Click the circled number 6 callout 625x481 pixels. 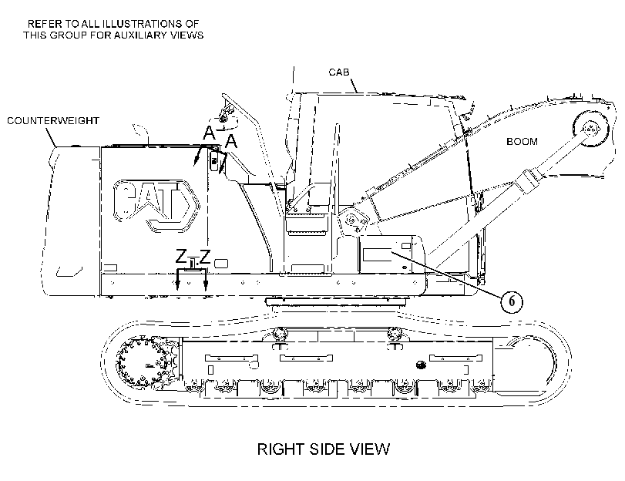(x=512, y=301)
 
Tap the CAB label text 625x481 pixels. (x=339, y=72)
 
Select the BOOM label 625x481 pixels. (x=522, y=142)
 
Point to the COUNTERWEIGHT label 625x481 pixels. (x=53, y=120)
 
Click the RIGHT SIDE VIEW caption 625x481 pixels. (x=323, y=449)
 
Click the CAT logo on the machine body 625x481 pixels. (x=156, y=205)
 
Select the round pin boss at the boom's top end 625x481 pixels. (x=591, y=129)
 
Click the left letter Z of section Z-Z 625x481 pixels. (x=181, y=256)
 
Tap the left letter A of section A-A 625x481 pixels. (x=209, y=133)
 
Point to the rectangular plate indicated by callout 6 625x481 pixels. (x=377, y=254)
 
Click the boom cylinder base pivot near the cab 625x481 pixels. (x=351, y=220)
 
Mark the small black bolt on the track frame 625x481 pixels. (x=419, y=364)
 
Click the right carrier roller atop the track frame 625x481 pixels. (x=395, y=333)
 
